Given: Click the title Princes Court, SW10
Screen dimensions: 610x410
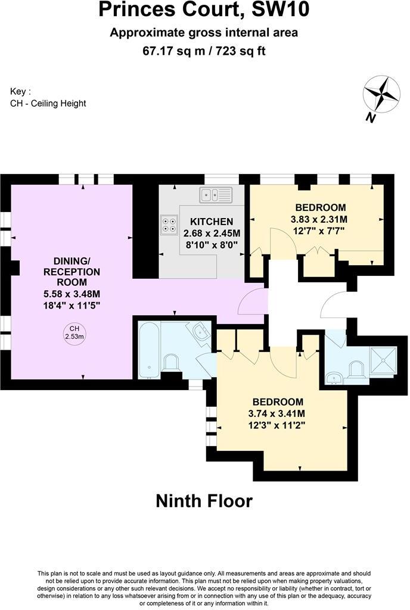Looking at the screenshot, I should [x=204, y=11].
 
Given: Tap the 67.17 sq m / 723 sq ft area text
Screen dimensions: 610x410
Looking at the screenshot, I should [x=204, y=51].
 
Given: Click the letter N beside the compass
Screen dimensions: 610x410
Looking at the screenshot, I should [x=370, y=117].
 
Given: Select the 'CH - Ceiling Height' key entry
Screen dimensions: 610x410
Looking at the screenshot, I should [x=48, y=103].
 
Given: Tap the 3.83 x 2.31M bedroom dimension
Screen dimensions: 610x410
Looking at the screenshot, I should [x=321, y=219].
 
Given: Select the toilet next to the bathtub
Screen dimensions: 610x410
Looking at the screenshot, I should [x=172, y=364].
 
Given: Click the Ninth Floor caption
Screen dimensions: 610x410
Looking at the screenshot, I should [x=204, y=501].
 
